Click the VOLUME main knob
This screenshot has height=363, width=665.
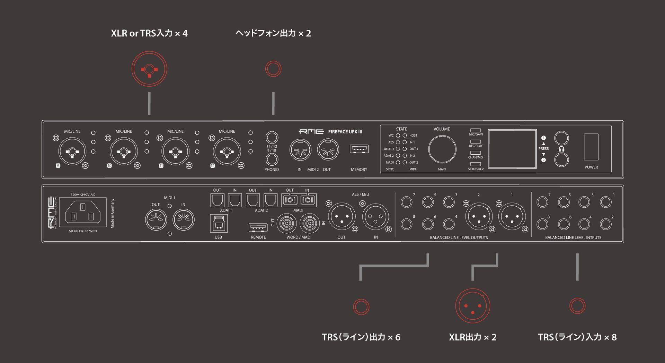pos(442,149)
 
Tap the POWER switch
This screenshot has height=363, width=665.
pos(591,147)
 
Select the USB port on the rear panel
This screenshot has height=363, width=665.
pos(219,224)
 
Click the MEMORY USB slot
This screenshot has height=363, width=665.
pos(359,149)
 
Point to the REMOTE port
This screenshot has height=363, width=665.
pos(258,227)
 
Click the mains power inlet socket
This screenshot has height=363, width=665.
pos(83,212)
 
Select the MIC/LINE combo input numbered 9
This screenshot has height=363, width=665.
pos(72,152)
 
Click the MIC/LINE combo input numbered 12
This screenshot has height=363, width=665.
pos(227,152)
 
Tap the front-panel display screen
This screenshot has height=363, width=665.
pos(512,149)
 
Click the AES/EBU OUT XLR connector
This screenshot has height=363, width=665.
pos(342,217)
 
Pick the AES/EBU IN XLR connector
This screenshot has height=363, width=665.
pos(376,217)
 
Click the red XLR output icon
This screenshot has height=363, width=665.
pos(472,306)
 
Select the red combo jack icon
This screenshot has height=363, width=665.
pos(149,69)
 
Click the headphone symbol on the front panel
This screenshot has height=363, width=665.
pos(561,149)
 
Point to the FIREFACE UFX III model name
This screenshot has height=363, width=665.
pos(345,132)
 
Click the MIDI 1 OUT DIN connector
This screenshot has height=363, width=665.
pos(156,219)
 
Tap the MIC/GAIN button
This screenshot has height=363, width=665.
pos(476,130)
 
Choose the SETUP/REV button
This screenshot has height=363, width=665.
pos(476,164)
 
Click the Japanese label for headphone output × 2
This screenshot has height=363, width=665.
pos(273,33)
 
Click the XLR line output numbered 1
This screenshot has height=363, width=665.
pos(512,217)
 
